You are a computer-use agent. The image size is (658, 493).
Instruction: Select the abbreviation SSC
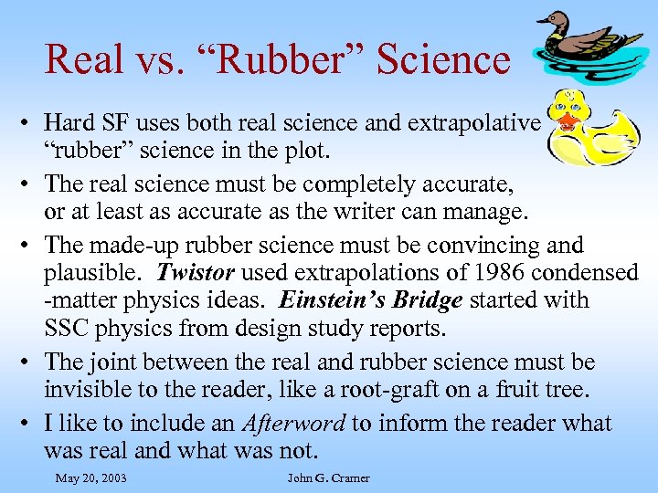[x=67, y=327]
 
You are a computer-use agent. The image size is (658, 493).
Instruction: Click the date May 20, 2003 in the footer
[x=90, y=477]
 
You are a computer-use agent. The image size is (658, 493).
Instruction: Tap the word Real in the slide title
[x=83, y=59]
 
